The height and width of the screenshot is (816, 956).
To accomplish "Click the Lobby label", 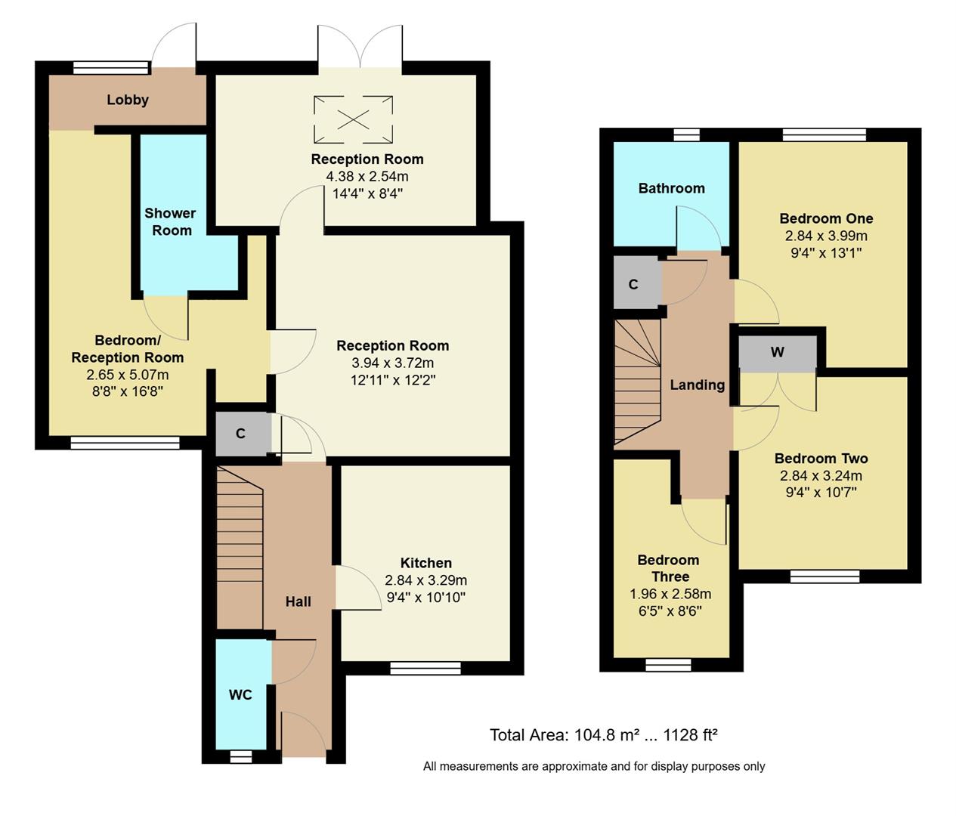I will coord(128,100).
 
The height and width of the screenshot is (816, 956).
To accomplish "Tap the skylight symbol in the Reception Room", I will coord(354,119).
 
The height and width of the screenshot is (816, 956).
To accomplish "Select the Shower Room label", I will coord(171,222).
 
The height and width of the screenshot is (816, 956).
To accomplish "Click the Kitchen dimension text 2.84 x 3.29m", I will coord(425,580).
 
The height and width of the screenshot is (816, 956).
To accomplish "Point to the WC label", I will coord(240,694).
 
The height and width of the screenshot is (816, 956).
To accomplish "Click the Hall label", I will coord(298,601).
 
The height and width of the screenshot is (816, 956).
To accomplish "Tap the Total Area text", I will coord(603,734).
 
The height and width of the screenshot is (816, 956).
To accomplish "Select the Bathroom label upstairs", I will coord(671,188).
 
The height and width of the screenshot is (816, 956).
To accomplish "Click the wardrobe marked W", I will coord(778,353).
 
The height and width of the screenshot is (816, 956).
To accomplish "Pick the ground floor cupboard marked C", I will coord(241,434).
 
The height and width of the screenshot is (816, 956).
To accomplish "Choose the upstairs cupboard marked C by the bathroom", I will coord(634,284).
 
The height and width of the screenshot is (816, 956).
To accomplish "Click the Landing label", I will coord(697,385).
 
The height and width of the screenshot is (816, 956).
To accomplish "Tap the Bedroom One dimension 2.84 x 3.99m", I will coord(826,236).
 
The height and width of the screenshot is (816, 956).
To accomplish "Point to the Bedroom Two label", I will coord(821,458).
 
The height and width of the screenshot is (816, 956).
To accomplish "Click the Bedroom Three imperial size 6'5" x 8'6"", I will coord(670,610).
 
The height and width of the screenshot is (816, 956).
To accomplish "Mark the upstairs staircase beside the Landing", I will coord(637,382).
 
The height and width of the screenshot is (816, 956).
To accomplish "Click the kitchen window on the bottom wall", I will coord(425,668).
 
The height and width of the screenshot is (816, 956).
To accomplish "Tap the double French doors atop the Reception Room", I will coord(360,47).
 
